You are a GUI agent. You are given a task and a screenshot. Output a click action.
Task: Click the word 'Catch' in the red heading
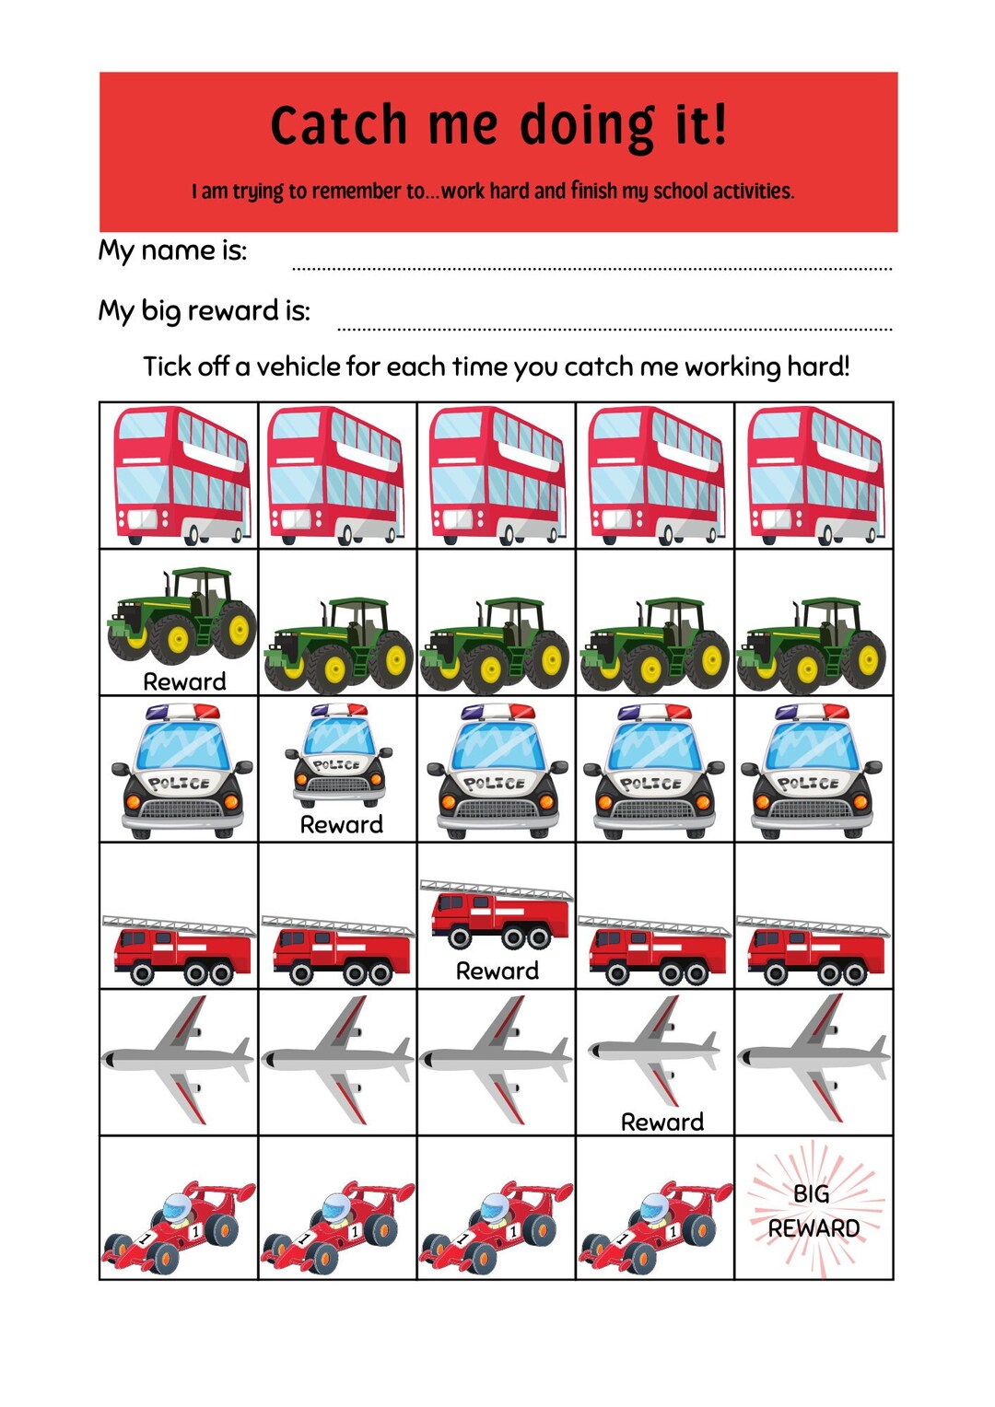[x=338, y=125]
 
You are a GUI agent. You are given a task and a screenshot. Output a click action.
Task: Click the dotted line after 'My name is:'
[x=591, y=268]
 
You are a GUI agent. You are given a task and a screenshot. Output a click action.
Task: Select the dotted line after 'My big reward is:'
[x=615, y=327]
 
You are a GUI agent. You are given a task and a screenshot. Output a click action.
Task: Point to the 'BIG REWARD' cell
[x=814, y=1210]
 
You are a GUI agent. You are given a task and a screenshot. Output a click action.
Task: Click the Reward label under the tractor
[x=184, y=681]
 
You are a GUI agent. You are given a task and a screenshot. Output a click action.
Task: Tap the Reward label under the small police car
[x=341, y=824]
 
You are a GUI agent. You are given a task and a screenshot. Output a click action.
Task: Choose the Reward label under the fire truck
[x=497, y=971]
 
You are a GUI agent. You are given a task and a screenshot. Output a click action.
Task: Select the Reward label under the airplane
[x=661, y=1122]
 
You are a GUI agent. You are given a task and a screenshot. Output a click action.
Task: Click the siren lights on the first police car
[x=182, y=712]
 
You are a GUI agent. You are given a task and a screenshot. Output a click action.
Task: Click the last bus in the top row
[x=814, y=475]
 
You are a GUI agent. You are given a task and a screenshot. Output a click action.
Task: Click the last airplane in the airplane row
[x=814, y=1059]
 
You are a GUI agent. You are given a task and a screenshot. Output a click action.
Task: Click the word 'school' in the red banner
[x=680, y=192]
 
